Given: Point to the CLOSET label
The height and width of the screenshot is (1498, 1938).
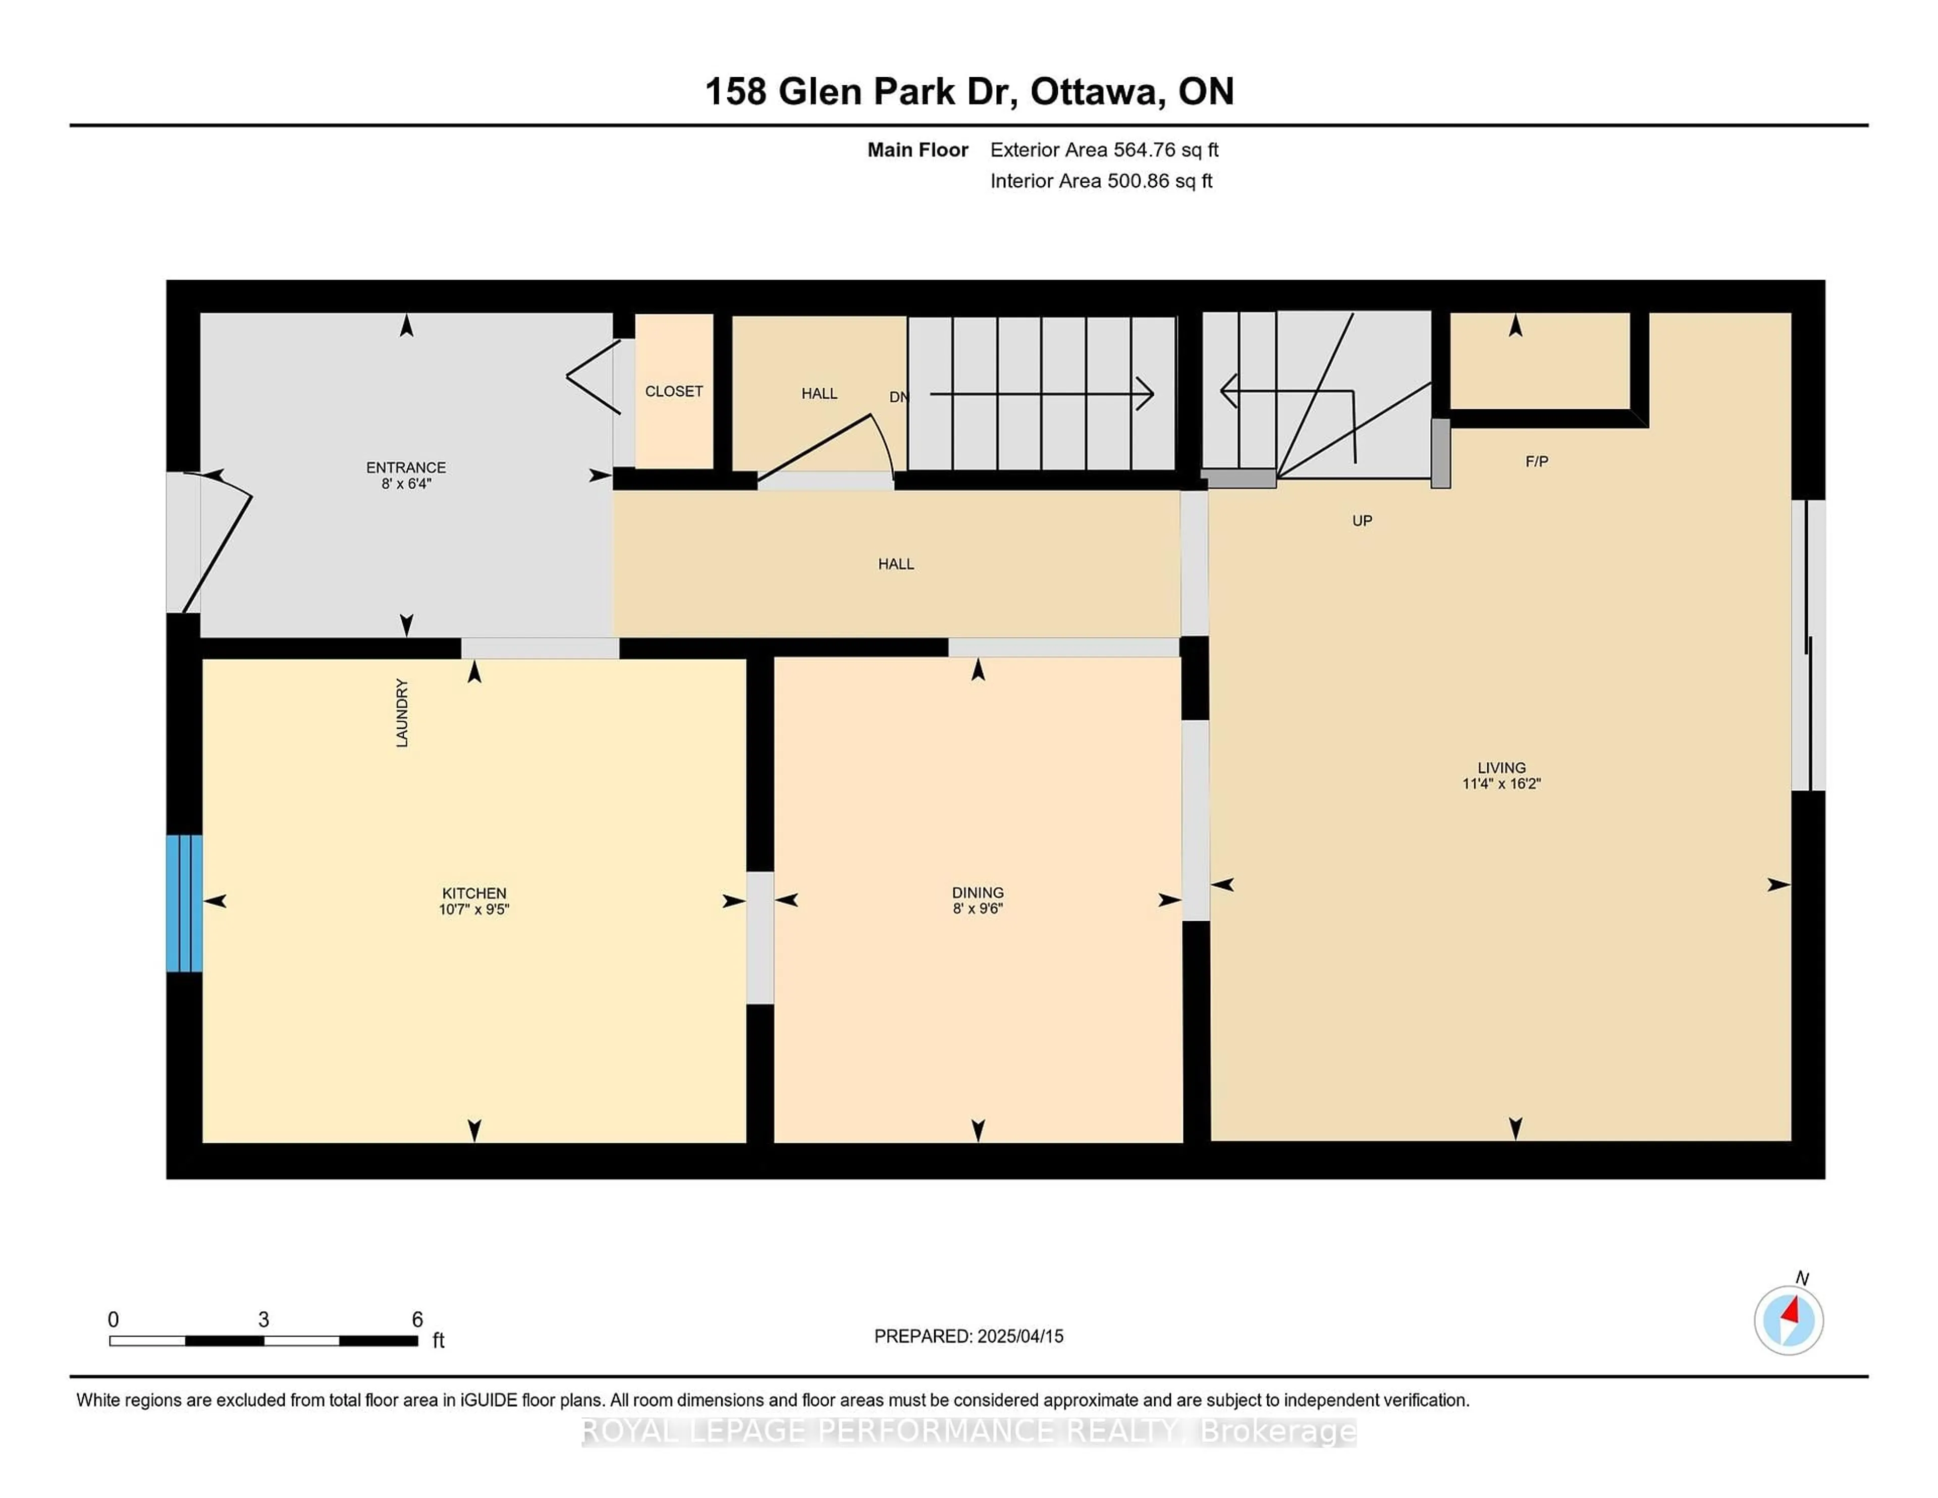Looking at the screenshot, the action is click(674, 391).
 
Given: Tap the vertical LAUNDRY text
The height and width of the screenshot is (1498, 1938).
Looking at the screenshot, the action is click(402, 713).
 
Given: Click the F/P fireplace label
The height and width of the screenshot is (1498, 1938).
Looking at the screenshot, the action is click(1537, 461).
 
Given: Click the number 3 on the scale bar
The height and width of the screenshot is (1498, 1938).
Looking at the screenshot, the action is click(263, 1320).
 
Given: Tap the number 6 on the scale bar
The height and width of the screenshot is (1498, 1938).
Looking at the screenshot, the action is click(417, 1320).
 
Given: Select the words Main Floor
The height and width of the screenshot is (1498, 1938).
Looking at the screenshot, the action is click(918, 150).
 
